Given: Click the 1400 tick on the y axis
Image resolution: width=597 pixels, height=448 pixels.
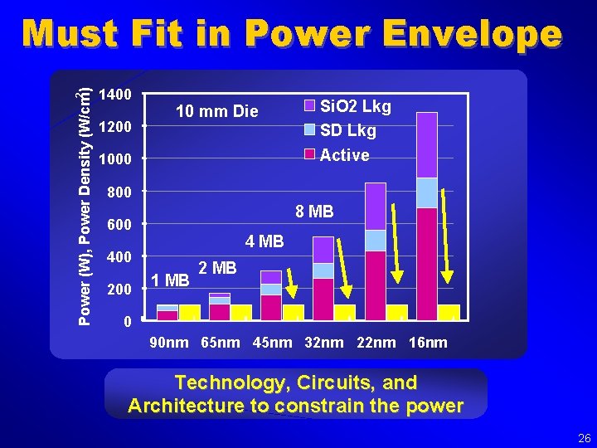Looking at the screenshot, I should (x=114, y=95).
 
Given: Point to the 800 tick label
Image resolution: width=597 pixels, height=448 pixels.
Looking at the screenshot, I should (x=119, y=192).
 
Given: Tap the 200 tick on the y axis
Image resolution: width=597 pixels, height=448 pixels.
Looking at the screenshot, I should (x=119, y=290).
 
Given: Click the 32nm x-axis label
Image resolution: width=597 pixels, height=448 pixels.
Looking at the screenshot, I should (x=323, y=343).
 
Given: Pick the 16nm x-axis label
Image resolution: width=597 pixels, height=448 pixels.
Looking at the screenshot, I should (x=427, y=343).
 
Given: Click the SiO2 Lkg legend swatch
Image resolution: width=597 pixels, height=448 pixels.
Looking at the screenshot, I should (x=309, y=105).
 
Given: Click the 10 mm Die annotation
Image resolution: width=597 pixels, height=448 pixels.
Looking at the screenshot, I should (x=217, y=111).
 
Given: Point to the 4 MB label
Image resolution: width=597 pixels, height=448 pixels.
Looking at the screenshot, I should (x=265, y=242).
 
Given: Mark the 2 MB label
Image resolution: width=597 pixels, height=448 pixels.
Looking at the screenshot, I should (x=218, y=267).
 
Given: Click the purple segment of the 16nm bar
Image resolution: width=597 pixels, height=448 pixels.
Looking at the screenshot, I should (x=427, y=144).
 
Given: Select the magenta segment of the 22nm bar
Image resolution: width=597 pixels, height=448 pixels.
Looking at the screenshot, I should (x=376, y=285).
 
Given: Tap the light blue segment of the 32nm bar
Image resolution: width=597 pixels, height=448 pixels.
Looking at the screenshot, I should (x=323, y=270).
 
